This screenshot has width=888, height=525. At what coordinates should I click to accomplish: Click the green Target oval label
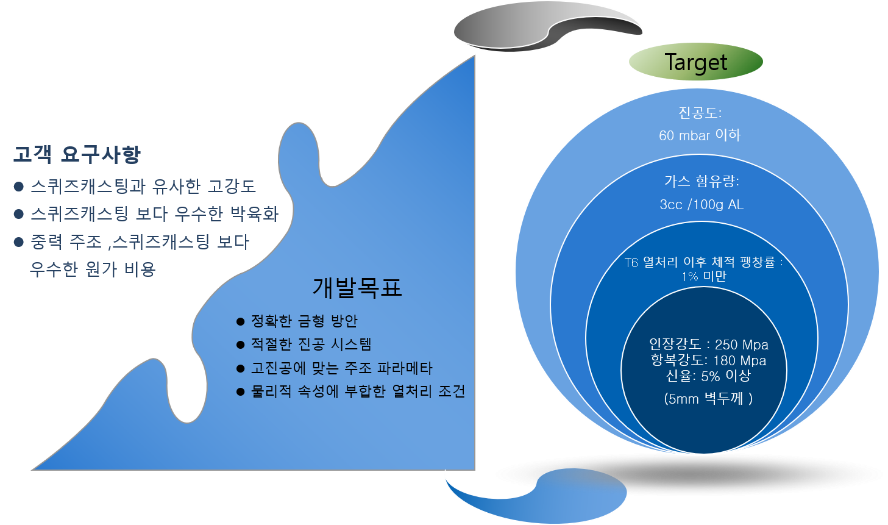tap(695, 62)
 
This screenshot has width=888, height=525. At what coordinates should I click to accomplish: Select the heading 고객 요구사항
tap(77, 155)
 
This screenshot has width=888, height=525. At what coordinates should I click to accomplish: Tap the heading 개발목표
tap(357, 287)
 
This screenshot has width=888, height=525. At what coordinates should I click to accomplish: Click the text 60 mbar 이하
tap(699, 135)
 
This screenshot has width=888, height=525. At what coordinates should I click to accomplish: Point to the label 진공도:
tap(700, 113)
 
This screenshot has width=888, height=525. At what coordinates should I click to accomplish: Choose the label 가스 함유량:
tap(702, 181)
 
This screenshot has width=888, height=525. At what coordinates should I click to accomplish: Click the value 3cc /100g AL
tap(702, 204)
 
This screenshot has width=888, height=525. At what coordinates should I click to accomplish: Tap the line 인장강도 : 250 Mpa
tap(708, 345)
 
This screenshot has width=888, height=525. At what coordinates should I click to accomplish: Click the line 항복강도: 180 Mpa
tap(708, 360)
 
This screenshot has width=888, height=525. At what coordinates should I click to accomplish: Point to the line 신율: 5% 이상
tap(708, 376)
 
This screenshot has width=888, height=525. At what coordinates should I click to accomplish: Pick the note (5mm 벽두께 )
tap(708, 399)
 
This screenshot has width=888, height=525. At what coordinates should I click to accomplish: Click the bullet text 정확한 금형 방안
tap(304, 321)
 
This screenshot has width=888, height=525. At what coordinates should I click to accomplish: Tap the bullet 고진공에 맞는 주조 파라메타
tap(341, 368)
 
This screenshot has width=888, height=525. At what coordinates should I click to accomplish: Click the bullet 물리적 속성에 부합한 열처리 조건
tap(358, 391)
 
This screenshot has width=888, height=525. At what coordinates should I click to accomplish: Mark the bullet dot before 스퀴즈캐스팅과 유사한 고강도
tap(18, 187)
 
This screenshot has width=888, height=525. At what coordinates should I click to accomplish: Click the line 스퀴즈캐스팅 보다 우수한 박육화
tap(154, 214)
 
